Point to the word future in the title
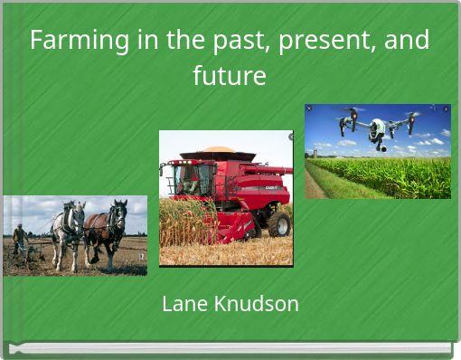[230, 76]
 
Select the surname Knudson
[257, 304]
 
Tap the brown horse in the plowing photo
[107, 232]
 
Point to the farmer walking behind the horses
[19, 240]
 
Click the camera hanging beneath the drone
[381, 144]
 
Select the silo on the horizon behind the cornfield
[315, 153]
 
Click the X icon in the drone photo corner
[309, 109]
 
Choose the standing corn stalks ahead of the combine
[185, 222]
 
